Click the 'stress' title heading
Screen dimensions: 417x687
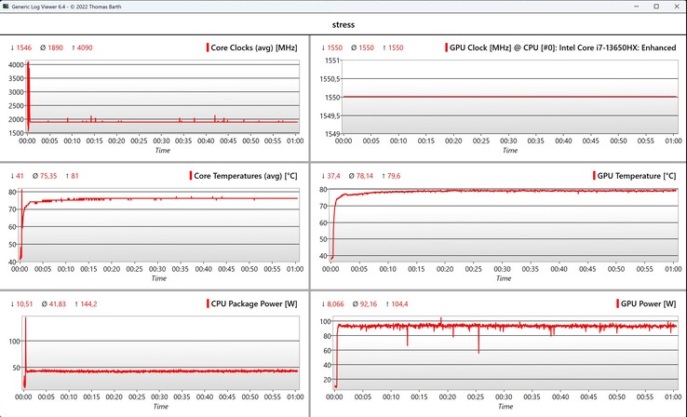pos(343,26)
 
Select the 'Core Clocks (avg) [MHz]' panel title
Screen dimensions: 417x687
pos(254,47)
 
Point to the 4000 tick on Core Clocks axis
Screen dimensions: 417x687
pos(15,64)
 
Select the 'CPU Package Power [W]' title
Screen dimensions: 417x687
pos(254,304)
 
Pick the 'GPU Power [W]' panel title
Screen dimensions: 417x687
pos(648,304)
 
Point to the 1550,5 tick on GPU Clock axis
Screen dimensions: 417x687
pos(328,79)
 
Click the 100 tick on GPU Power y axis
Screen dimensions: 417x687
pos(327,321)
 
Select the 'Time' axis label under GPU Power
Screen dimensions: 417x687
pos(503,407)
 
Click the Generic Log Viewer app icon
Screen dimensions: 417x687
pos(7,7)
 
